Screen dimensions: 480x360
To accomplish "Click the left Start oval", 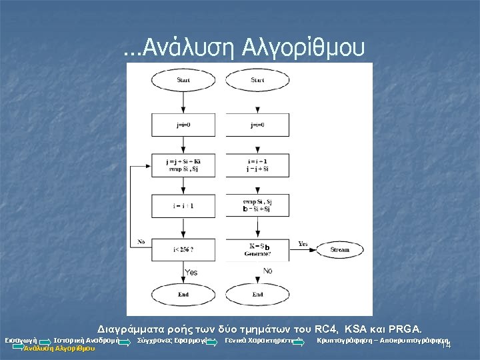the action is click(183, 81).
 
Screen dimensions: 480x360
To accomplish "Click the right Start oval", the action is click(258, 81).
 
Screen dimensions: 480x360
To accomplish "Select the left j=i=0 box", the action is click(183, 125).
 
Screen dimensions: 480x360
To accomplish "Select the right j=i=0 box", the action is click(258, 125).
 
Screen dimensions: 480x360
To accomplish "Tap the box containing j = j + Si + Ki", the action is click(183, 166).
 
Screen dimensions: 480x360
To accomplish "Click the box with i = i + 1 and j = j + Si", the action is click(258, 166).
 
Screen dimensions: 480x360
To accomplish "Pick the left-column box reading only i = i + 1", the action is click(183, 206).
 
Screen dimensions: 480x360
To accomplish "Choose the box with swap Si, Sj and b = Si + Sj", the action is click(258, 206).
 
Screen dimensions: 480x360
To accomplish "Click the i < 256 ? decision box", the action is click(183, 250).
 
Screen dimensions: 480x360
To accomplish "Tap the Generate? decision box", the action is click(258, 250).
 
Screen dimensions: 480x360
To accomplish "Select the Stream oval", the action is click(339, 250).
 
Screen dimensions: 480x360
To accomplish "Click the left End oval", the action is click(183, 293).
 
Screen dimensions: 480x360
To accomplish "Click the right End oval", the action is click(258, 293).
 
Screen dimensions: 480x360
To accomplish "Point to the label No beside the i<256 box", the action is click(141, 241).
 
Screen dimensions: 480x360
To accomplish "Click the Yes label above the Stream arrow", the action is click(303, 243).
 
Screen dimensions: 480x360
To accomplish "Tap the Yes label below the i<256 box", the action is click(191, 272).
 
